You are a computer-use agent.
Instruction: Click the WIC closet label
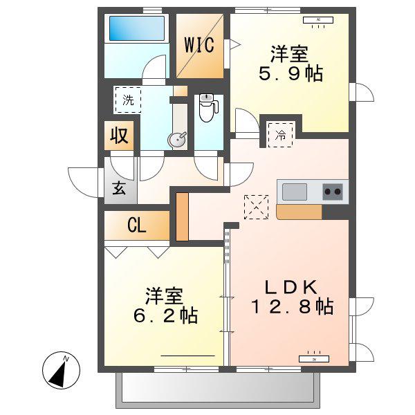[199, 45]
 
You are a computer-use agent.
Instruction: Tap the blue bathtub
[137, 28]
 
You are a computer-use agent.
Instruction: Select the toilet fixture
[208, 107]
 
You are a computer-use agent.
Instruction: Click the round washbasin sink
[177, 140]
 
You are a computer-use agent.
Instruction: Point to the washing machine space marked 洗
[127, 100]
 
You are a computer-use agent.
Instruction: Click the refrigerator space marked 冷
[281, 135]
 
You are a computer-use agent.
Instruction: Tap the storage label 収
[119, 136]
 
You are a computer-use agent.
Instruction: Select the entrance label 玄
[119, 188]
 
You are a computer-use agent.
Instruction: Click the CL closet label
[136, 225]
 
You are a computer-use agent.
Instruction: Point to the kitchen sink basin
[295, 192]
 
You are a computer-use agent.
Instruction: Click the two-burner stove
[333, 192]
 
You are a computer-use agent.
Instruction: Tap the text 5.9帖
[290, 73]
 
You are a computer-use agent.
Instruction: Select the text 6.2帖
[165, 315]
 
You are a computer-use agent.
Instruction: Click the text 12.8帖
[292, 306]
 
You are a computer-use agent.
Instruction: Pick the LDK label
[291, 287]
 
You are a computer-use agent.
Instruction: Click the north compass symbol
[61, 370]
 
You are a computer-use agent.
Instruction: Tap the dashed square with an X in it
[256, 207]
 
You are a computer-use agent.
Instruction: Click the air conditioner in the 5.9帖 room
[318, 21]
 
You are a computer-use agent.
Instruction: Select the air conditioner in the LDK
[314, 358]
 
